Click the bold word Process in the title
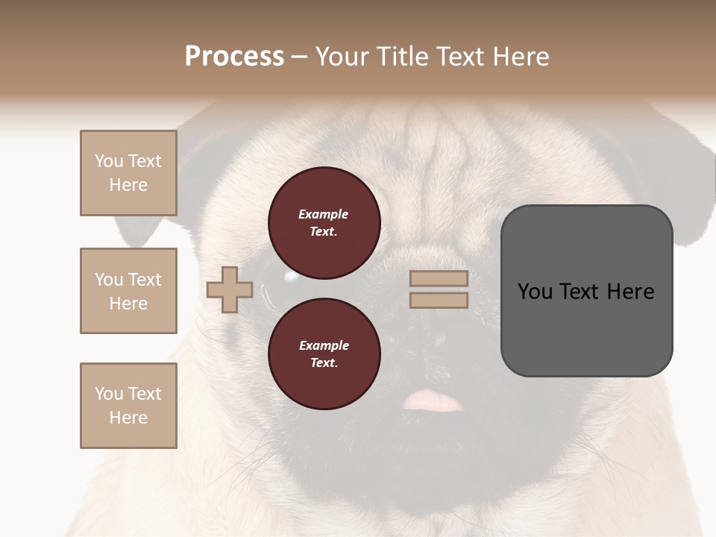(234, 57)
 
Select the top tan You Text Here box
(128, 173)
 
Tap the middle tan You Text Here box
(128, 291)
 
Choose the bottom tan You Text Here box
(128, 406)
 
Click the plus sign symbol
(230, 289)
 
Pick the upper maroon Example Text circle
(324, 223)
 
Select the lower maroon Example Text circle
(324, 354)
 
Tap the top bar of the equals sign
(439, 279)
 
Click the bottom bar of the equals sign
(439, 301)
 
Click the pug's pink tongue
(433, 401)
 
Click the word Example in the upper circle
(324, 214)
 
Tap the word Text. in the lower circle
(324, 363)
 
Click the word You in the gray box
(536, 292)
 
